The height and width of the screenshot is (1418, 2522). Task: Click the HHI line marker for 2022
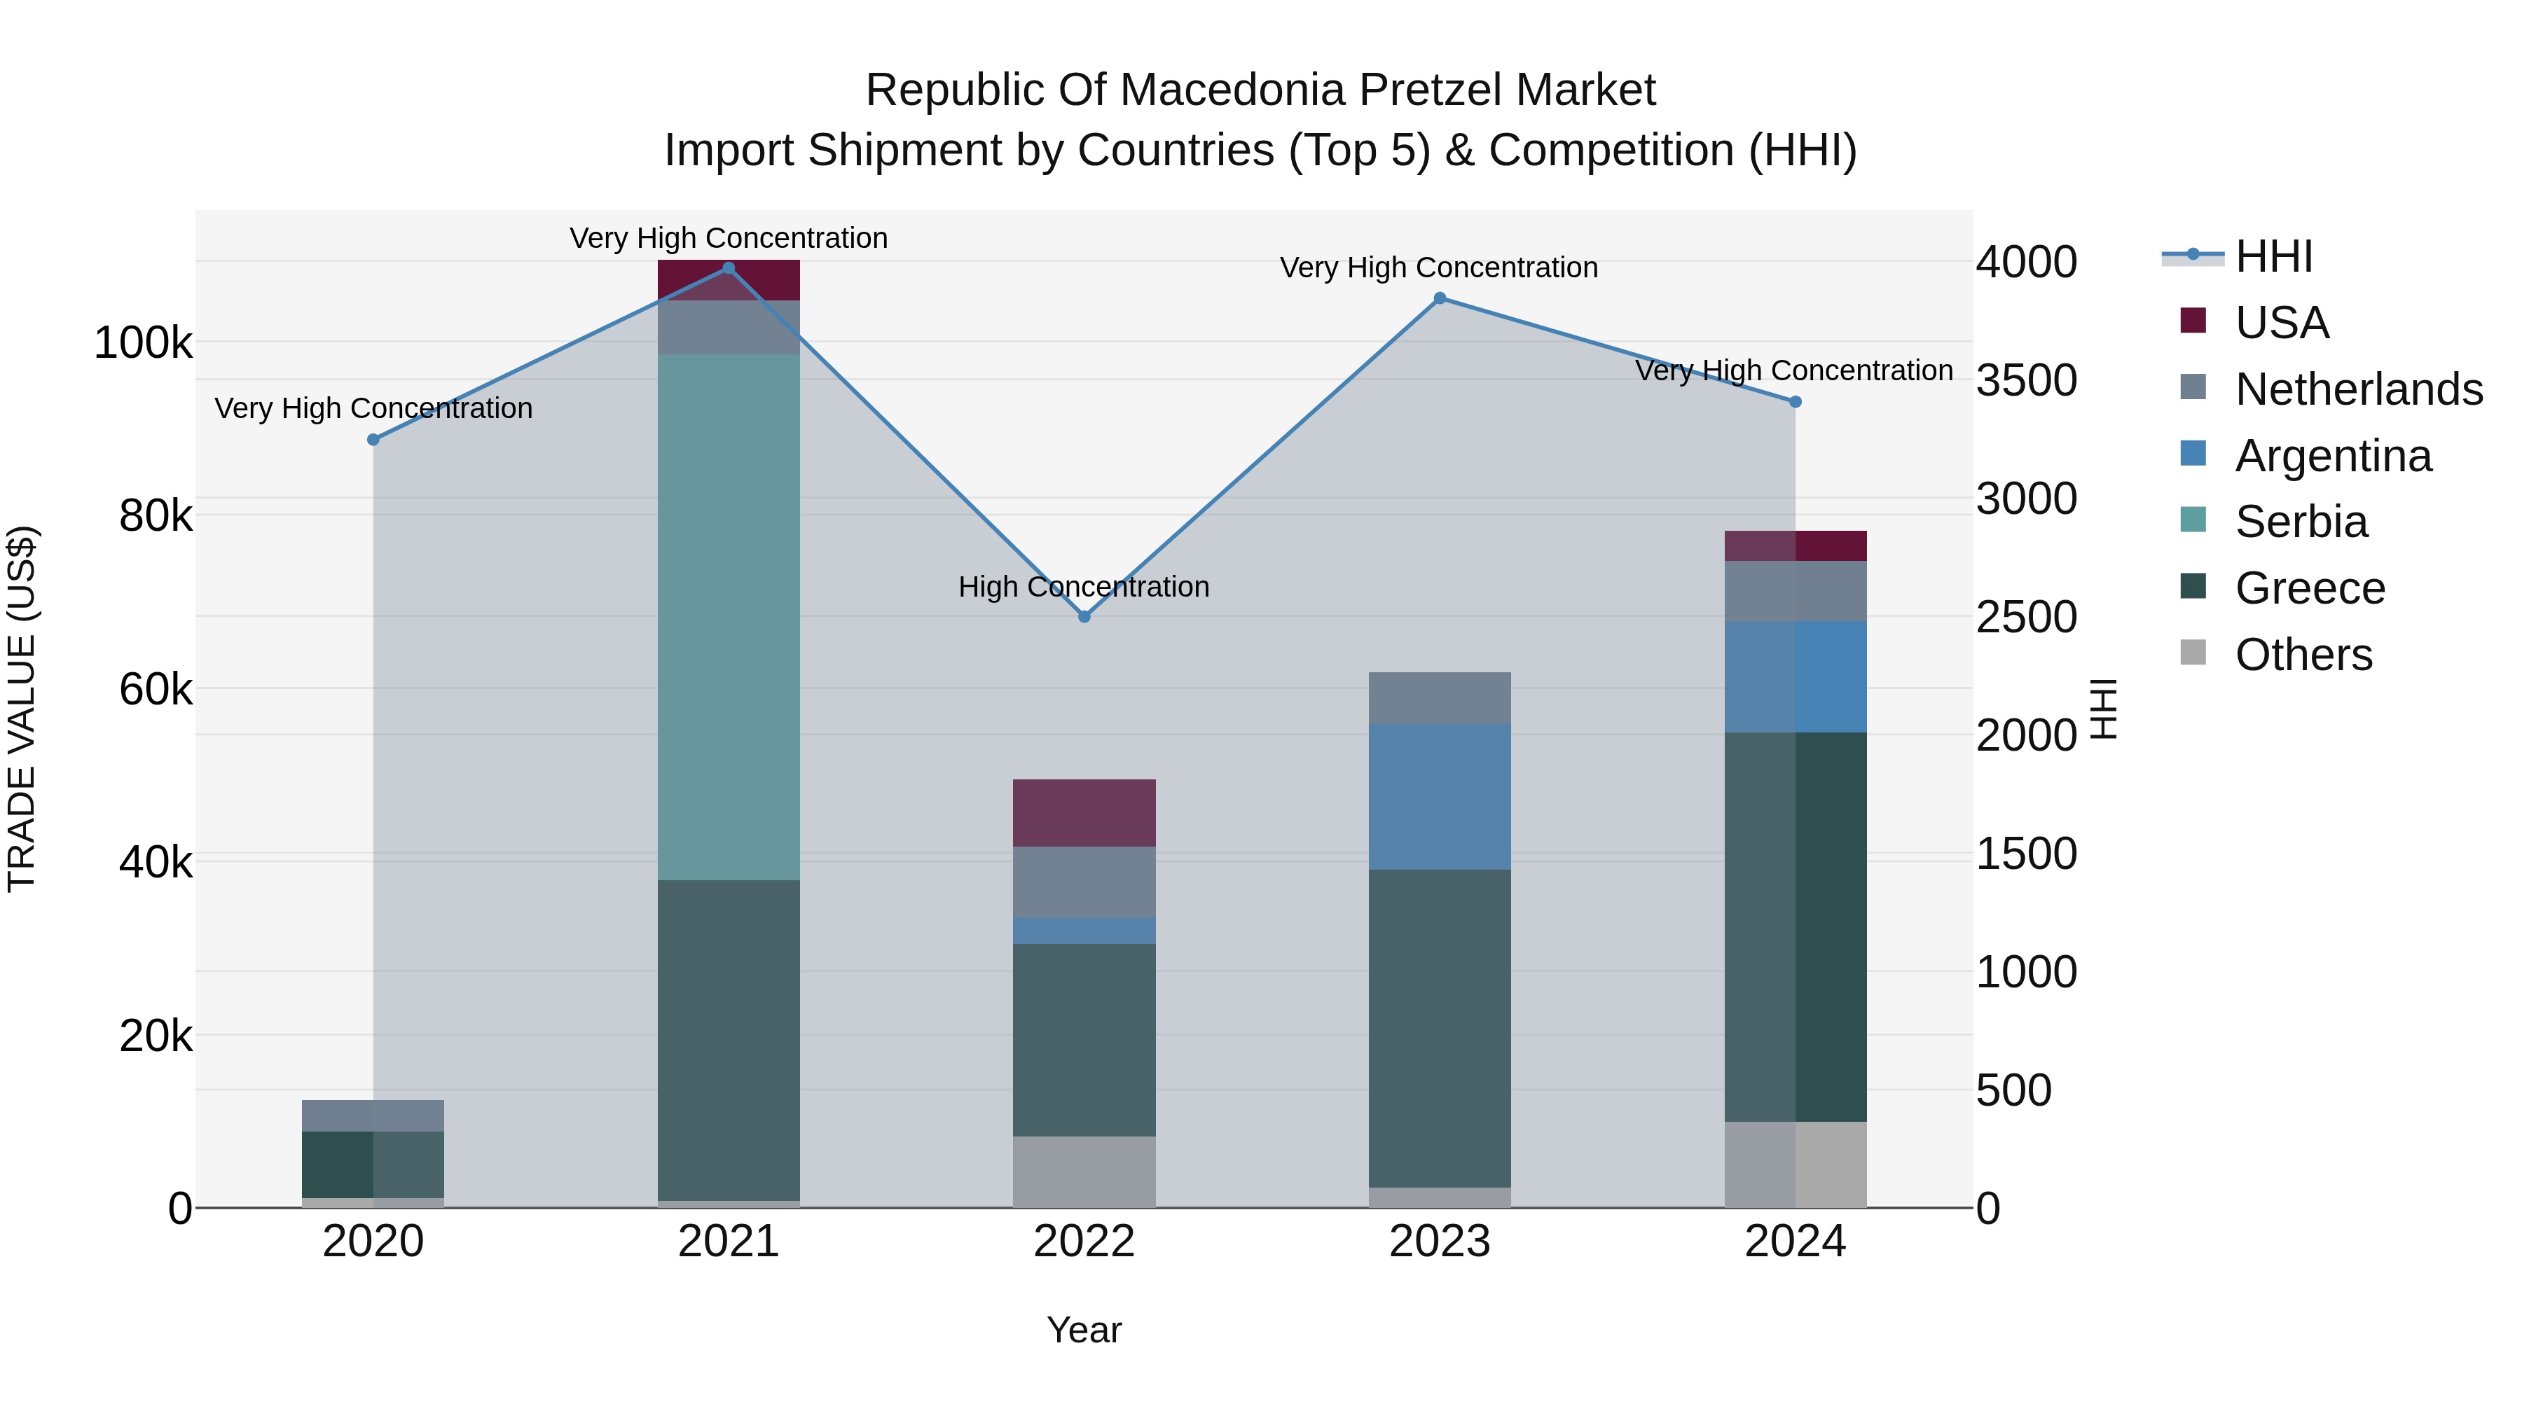coord(1084,616)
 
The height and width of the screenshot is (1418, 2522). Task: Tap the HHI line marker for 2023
coord(1439,298)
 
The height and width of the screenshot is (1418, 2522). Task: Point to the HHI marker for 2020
coord(373,439)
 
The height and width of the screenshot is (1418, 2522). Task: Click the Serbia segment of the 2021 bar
coord(729,616)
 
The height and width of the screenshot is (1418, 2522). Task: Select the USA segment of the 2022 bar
coord(1084,812)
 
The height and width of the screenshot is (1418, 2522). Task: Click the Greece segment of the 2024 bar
coord(1795,926)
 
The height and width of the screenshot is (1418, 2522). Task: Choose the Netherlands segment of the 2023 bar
coord(1439,697)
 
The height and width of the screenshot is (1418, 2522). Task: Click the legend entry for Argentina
coord(2333,456)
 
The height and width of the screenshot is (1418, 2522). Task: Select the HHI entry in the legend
coord(2273,256)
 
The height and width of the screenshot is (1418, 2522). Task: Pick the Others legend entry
coord(2303,655)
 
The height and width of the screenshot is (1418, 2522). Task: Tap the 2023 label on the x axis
coord(1439,1242)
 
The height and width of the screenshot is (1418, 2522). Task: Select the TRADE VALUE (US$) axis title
coord(22,709)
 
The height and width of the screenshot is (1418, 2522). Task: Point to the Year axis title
coord(1084,1330)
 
